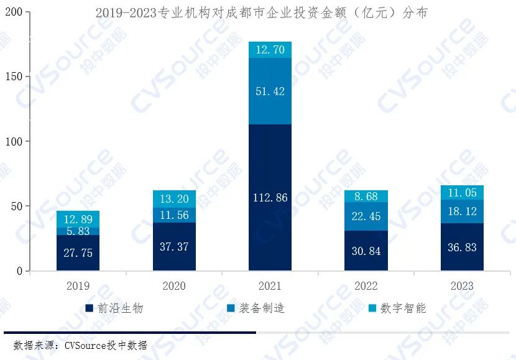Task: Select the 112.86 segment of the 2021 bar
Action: click(x=270, y=198)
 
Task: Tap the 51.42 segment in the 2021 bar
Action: click(x=270, y=91)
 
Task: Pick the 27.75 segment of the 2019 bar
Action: click(x=78, y=253)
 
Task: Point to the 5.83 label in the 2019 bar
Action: click(x=78, y=231)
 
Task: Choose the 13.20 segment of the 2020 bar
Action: click(x=174, y=199)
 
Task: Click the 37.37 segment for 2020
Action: click(x=174, y=247)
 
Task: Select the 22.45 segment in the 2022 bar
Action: click(x=366, y=216)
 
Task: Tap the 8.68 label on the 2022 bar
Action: click(x=366, y=196)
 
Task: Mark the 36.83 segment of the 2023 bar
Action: click(x=462, y=247)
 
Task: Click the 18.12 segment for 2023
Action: click(x=462, y=211)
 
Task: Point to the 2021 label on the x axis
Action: click(x=270, y=287)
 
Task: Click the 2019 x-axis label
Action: click(x=78, y=287)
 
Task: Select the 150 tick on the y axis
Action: click(x=12, y=76)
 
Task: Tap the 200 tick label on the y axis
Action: click(x=12, y=12)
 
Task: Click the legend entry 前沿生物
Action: click(x=114, y=308)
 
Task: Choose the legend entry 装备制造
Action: click(x=256, y=308)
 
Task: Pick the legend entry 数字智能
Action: click(x=397, y=308)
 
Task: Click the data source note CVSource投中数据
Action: click(x=80, y=345)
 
